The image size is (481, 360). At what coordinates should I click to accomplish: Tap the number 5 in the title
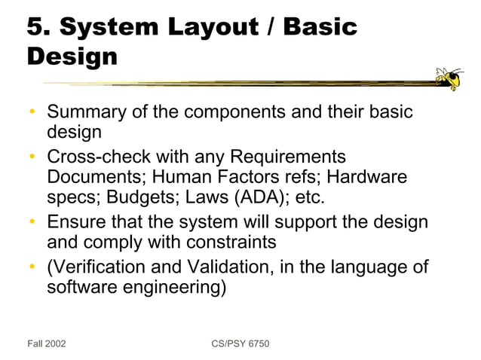35,27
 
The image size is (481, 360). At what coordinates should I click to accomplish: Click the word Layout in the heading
221,27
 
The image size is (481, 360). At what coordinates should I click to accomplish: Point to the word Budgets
140,198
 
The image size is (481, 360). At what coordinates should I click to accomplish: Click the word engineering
178,288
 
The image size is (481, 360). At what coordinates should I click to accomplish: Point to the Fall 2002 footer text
47,343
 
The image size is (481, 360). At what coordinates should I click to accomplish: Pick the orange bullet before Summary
32,113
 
